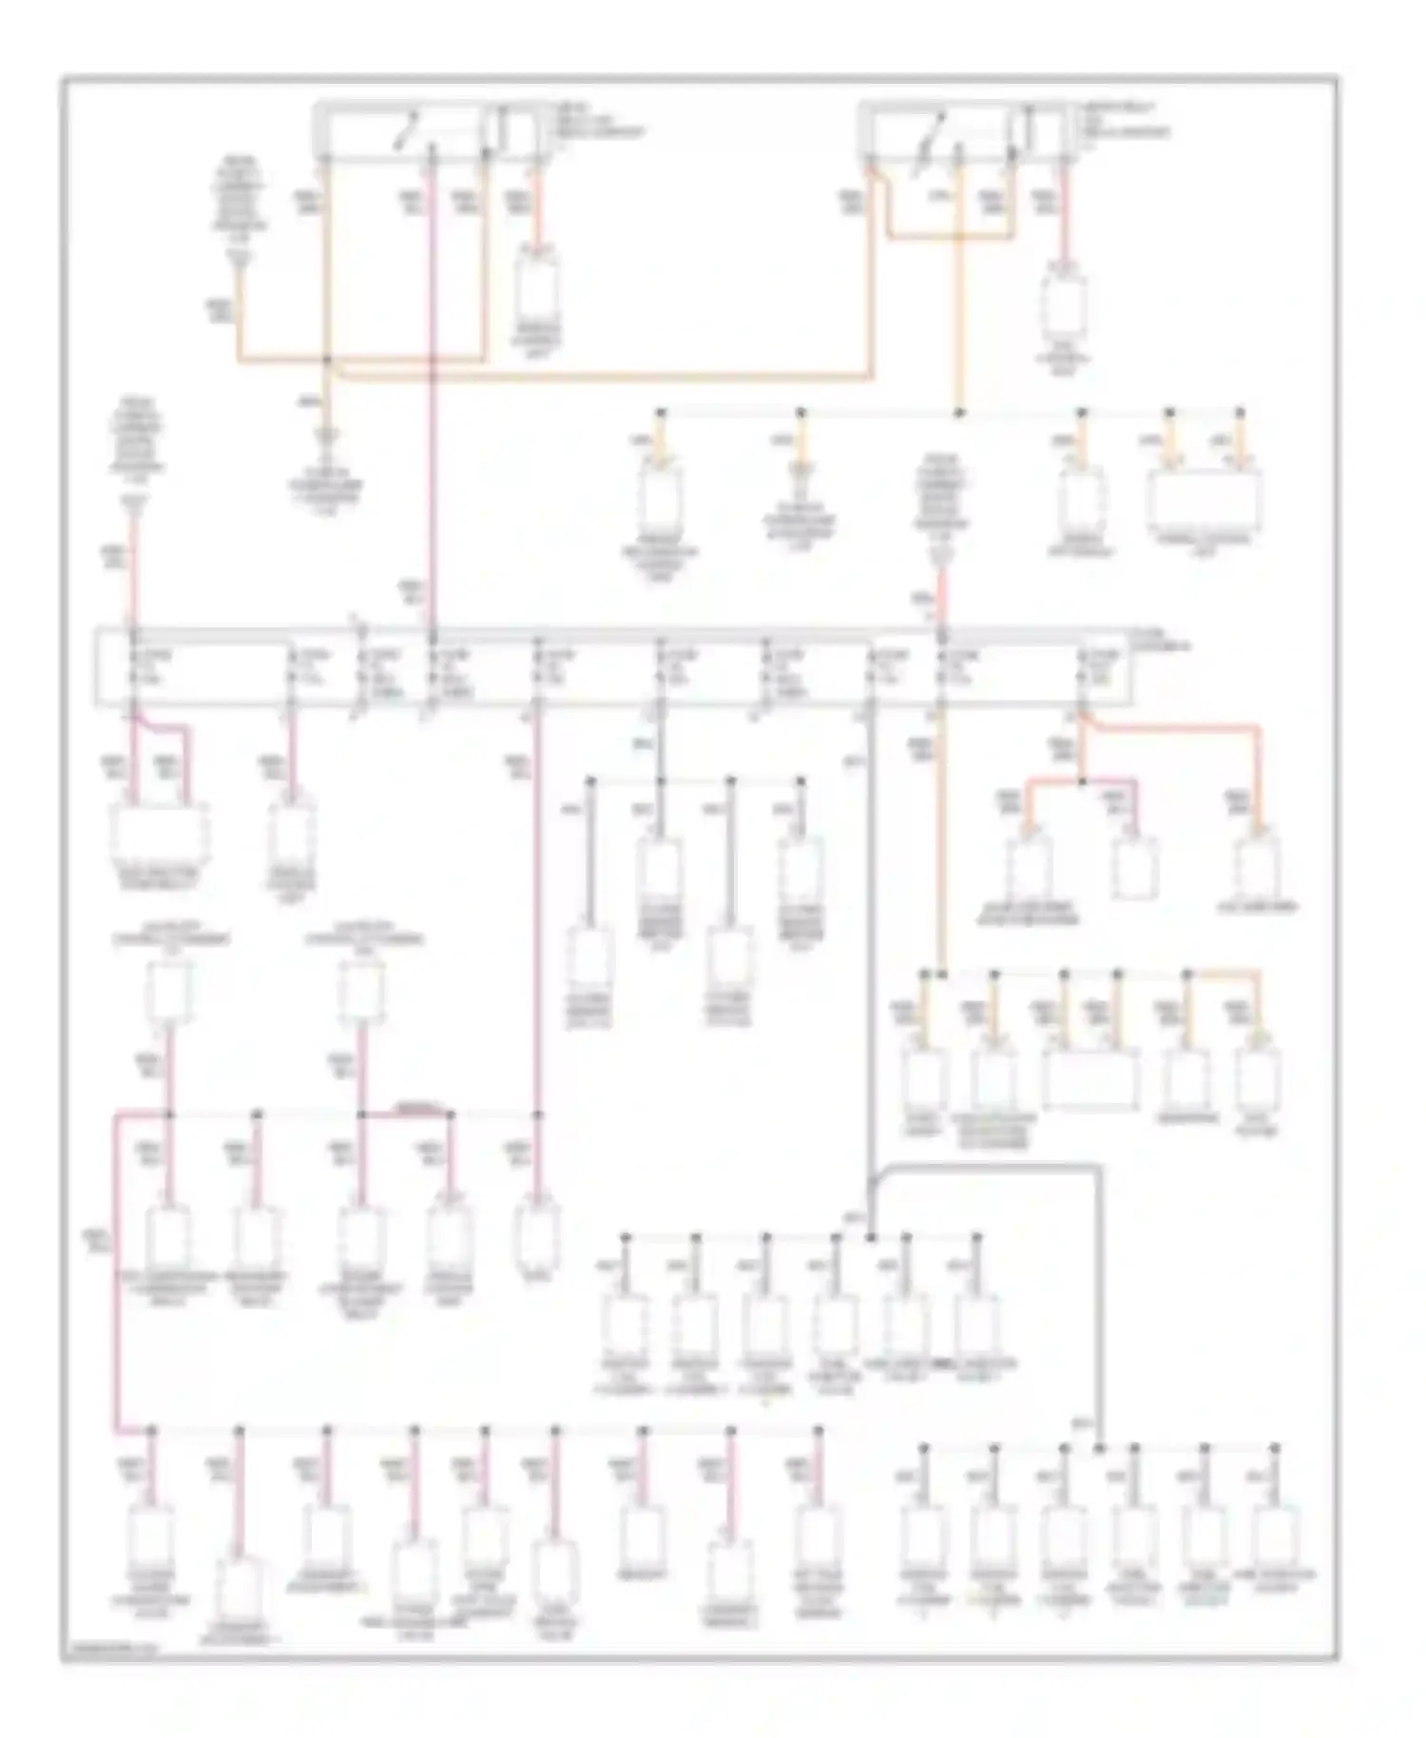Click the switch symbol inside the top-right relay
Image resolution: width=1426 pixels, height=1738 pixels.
pos(937,131)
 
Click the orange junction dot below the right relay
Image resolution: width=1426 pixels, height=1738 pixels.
pos(958,413)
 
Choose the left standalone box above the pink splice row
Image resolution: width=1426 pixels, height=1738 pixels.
pos(168,993)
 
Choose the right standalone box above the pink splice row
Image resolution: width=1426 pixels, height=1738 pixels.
pos(361,993)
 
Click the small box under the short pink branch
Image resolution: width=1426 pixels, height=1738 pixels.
pos(1134,867)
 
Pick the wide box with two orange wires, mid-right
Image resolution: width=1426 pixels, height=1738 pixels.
pos(1089,1080)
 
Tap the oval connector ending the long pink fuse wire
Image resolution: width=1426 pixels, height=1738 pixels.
pos(537,1234)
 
